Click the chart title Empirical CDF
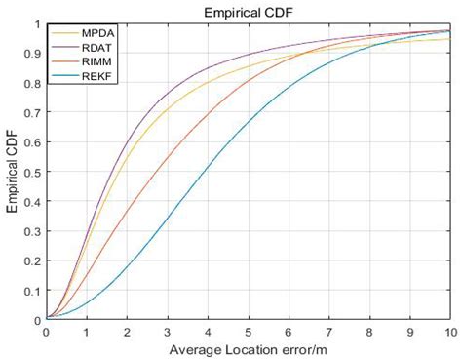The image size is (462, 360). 249,12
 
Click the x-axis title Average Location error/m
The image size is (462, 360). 249,349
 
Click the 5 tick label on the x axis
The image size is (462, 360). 249,331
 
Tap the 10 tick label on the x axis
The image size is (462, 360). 450,331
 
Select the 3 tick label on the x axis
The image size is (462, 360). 168,331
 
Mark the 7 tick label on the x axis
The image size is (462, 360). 329,331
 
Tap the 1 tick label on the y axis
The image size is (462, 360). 37,24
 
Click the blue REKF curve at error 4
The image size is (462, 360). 208,172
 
